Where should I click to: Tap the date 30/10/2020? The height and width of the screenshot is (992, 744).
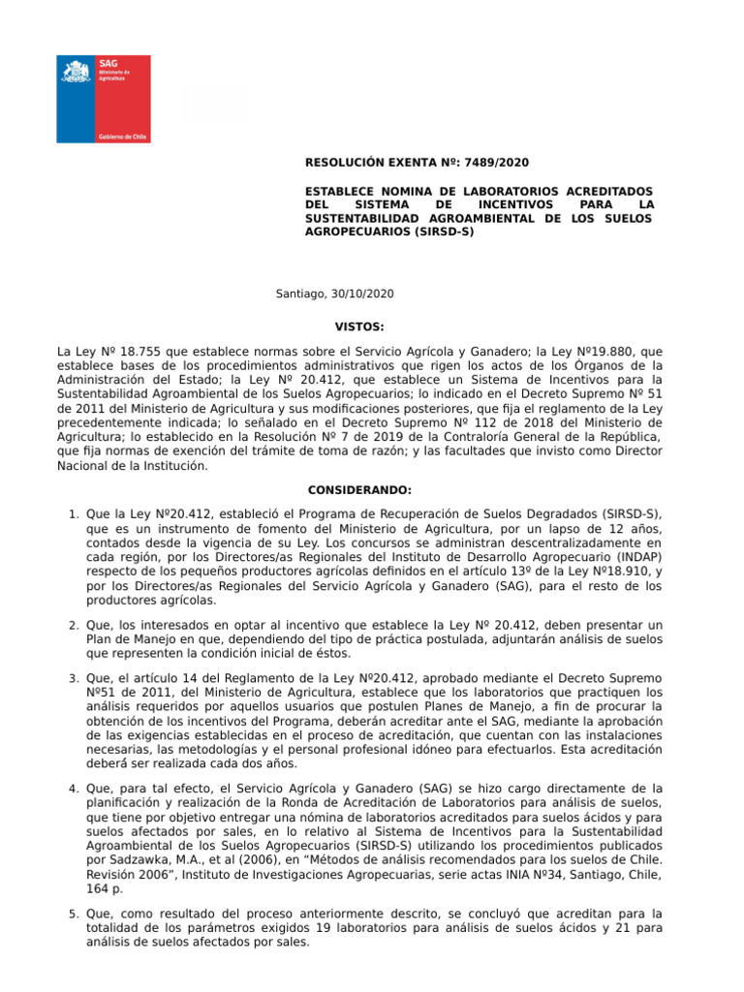(363, 294)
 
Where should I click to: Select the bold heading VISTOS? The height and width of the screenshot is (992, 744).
(358, 327)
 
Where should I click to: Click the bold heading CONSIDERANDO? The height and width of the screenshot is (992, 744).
(359, 490)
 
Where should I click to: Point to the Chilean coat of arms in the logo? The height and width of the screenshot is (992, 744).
(77, 74)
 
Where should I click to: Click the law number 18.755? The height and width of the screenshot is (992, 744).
(119, 350)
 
